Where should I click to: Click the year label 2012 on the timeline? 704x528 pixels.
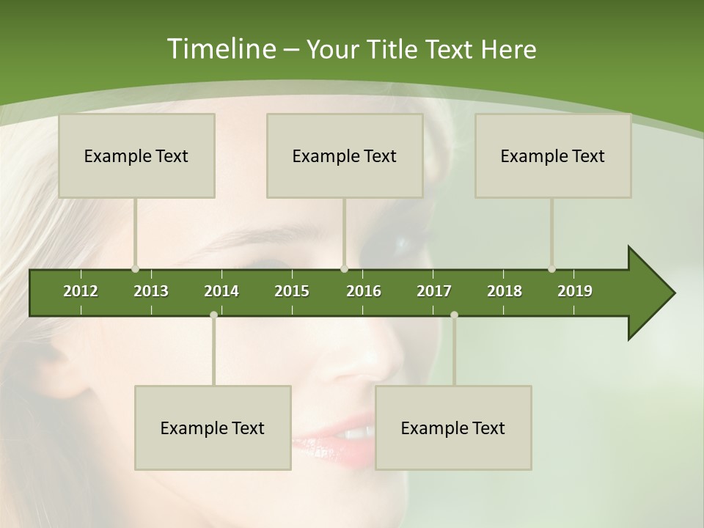coord(81,291)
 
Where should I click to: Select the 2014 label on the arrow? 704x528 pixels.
coord(221,291)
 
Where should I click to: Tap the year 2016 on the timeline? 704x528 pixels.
coord(364,291)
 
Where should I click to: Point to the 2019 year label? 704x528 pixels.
coord(575,291)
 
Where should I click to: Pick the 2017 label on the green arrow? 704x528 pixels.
coord(434,291)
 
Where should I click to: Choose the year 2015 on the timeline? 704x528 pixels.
coord(292,291)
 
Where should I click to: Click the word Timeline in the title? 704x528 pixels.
coord(219,49)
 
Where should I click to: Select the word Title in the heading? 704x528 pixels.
coord(392,50)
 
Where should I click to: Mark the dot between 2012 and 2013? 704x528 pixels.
coord(135,269)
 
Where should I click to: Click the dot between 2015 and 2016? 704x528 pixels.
coord(345,269)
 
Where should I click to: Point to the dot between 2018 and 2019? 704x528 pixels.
coord(551,269)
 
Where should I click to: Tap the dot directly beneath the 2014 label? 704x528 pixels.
coord(213,315)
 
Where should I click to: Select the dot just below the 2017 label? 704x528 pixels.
coord(454,315)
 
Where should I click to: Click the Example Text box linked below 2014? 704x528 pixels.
coord(213,428)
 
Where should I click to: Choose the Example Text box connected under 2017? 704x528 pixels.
coord(453,428)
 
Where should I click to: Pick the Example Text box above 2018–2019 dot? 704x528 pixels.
coord(553,155)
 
